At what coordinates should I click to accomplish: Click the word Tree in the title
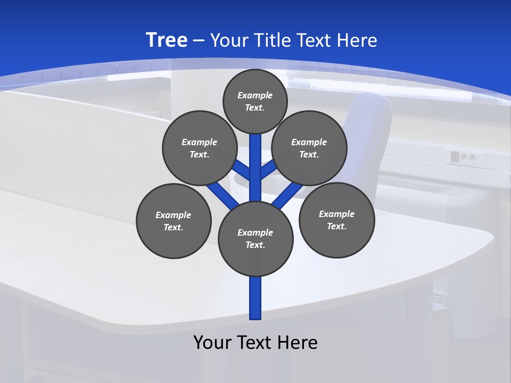[167, 40]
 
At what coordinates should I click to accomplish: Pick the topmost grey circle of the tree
[255, 101]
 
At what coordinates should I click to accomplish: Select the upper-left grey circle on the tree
[200, 148]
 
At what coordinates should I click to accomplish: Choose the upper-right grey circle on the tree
[309, 148]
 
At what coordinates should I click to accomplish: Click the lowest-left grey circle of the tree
[174, 221]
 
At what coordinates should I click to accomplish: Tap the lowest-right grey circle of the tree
[336, 220]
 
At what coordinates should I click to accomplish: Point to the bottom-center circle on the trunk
[256, 239]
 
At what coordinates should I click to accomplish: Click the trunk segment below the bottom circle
[256, 298]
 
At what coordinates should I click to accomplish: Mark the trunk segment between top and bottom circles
[256, 168]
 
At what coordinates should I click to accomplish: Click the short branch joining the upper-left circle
[242, 170]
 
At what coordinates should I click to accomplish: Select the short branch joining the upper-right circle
[268, 170]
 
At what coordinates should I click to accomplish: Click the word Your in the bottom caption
[212, 343]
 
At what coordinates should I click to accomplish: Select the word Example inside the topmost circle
[255, 95]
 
